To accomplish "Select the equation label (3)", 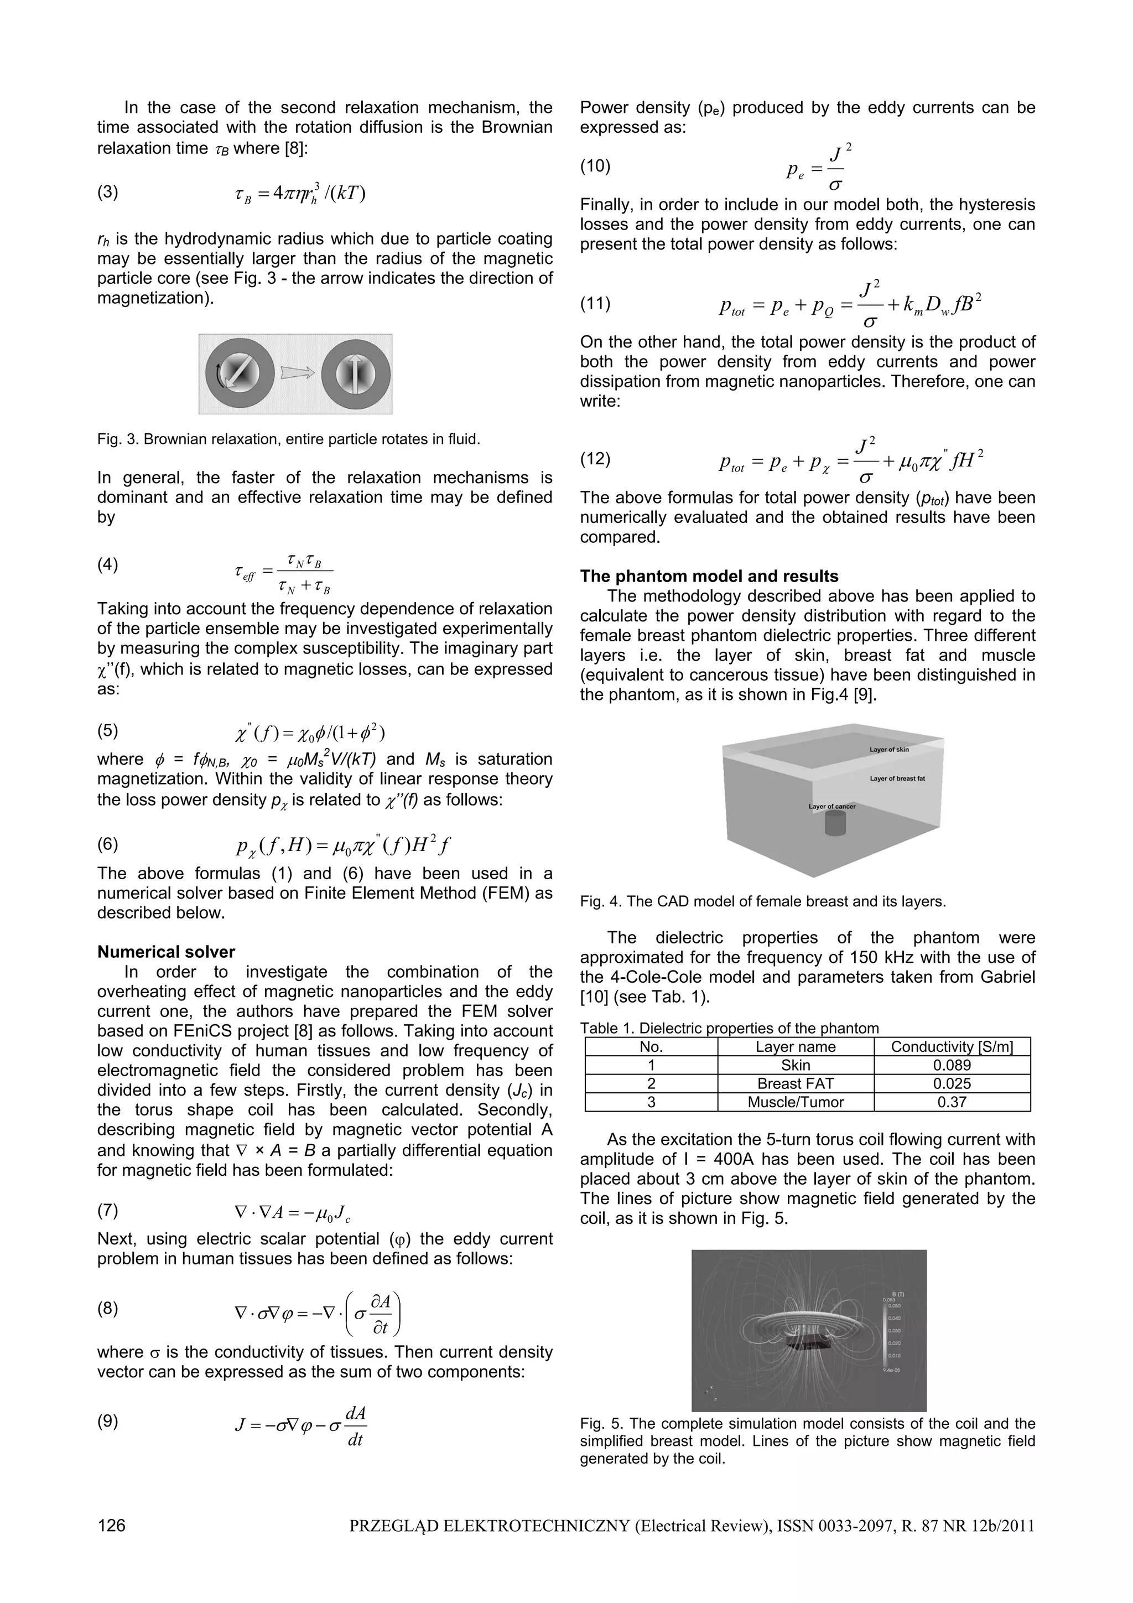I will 107,192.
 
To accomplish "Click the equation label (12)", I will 595,459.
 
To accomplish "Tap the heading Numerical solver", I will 166,952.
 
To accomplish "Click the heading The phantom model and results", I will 709,576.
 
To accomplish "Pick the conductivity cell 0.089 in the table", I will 952,1065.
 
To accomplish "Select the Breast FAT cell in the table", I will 795,1083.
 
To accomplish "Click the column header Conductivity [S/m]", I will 952,1046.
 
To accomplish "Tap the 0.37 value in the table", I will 952,1102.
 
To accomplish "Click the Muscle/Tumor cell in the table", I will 795,1102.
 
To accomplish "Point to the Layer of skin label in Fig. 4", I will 888,749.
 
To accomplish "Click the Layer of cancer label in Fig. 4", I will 831,806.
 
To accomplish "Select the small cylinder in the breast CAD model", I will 835,824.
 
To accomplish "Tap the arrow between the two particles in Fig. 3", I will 296,373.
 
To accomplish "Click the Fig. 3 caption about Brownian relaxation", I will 288,439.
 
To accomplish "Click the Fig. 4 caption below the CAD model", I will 762,901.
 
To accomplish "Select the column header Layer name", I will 795,1046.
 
